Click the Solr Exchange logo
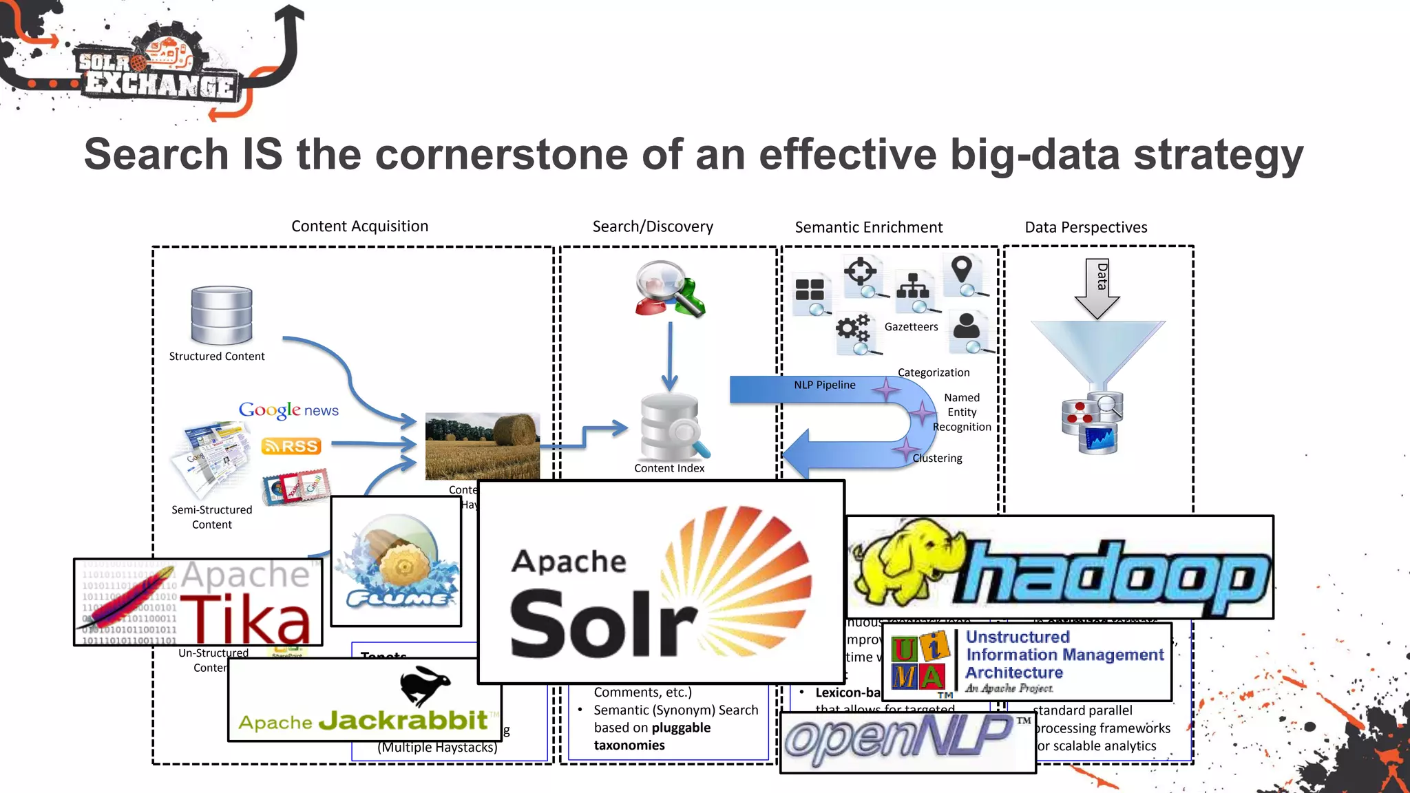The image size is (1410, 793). pos(155,69)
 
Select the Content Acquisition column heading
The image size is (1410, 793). pos(359,226)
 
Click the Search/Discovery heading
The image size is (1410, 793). pos(653,226)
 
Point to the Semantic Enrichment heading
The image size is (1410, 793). pos(868,227)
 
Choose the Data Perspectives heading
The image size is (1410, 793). pos(1086,227)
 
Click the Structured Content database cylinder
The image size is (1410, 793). pos(222,315)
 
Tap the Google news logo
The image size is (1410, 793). pos(288,410)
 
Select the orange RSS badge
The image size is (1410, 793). pos(291,446)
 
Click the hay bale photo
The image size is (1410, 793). pos(482,446)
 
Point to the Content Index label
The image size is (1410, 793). pos(669,468)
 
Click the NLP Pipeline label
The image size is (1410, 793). pos(824,385)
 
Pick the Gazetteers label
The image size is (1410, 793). pos(911,327)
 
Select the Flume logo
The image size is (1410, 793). pos(397,562)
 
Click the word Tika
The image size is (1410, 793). pos(245,620)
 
